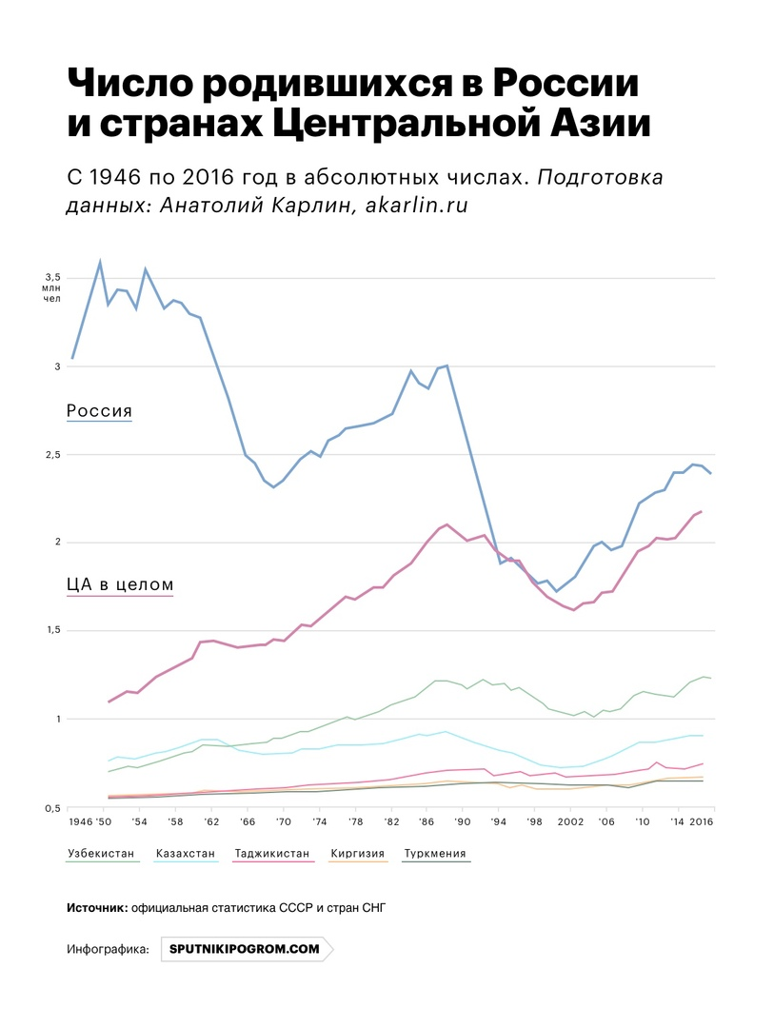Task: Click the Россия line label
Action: pyautogui.click(x=99, y=411)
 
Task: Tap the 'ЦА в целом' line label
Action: pyautogui.click(x=119, y=584)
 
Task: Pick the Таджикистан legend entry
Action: pyautogui.click(x=271, y=854)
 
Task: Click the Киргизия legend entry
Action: pyautogui.click(x=358, y=854)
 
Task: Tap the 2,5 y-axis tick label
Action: pyautogui.click(x=51, y=454)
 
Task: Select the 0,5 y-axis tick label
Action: pyautogui.click(x=51, y=807)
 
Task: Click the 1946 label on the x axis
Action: pyautogui.click(x=80, y=820)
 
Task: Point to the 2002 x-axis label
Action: pyautogui.click(x=570, y=820)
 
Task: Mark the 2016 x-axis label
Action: pyautogui.click(x=701, y=820)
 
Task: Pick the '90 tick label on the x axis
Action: pyautogui.click(x=463, y=820)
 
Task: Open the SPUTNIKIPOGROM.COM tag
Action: pyautogui.click(x=245, y=949)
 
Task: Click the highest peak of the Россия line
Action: pyautogui.click(x=100, y=262)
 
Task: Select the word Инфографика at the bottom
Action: pyautogui.click(x=109, y=949)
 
